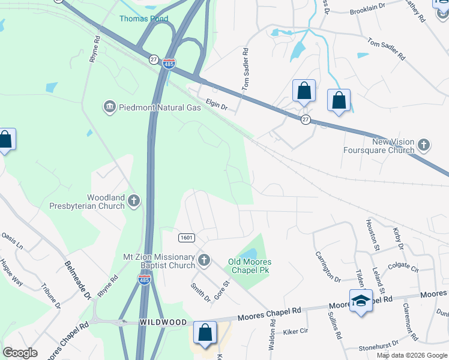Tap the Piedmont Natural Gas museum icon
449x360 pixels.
tap(109, 107)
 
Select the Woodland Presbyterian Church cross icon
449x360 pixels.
tap(133, 201)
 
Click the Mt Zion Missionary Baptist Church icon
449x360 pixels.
tap(204, 260)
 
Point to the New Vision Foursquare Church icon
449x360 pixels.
tap(424, 145)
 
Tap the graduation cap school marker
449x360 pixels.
tap(360, 301)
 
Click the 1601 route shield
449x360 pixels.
tap(186, 238)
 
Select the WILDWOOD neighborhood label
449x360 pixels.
tap(163, 322)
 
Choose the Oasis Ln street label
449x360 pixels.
tap(11, 242)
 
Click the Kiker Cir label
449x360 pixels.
tap(295, 331)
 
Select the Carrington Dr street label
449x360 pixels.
tap(328, 266)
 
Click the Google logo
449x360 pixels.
tap(20, 353)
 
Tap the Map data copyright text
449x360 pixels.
tap(411, 355)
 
